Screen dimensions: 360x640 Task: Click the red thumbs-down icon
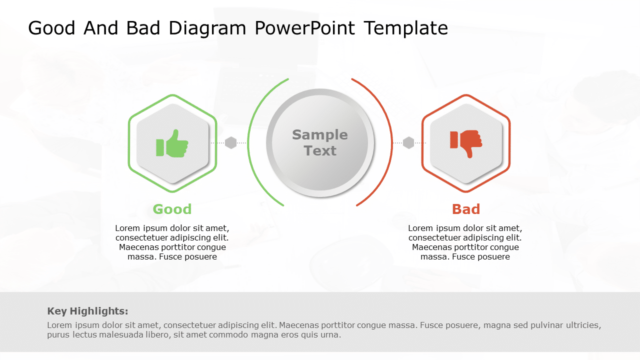point(466,143)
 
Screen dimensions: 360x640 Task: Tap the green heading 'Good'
point(172,209)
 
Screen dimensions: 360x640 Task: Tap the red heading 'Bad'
point(466,209)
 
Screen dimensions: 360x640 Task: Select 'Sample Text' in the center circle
point(320,142)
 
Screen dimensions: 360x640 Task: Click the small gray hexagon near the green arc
point(230,143)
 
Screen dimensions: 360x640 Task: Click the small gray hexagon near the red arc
point(408,143)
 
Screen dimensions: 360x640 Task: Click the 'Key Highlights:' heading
point(87,311)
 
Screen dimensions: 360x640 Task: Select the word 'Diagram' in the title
point(207,28)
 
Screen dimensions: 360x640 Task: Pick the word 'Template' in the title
point(405,28)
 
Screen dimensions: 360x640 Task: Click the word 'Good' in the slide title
point(51,28)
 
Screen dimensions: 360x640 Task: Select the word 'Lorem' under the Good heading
point(127,228)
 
